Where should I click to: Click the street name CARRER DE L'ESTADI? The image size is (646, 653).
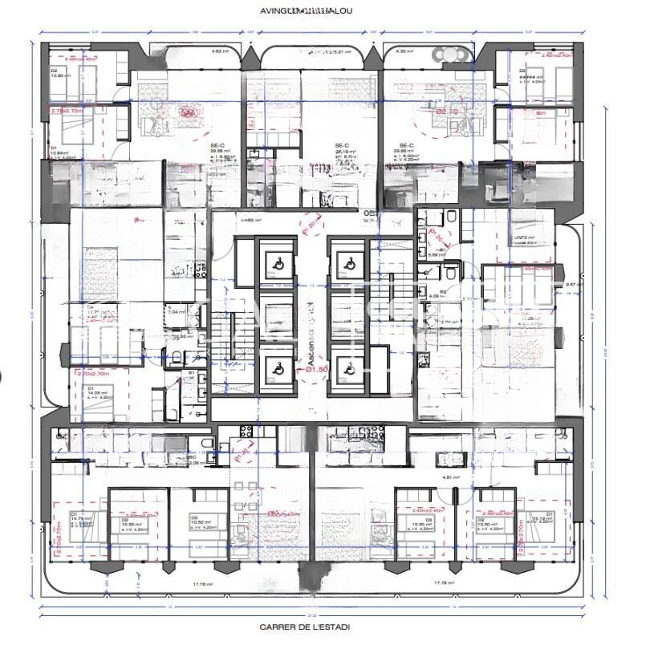[x=305, y=627]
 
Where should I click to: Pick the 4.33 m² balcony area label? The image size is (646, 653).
[x=404, y=51]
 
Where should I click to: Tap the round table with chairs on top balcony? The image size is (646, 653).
[x=449, y=55]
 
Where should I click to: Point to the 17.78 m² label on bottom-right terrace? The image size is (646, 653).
[x=445, y=582]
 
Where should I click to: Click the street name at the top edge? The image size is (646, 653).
[x=306, y=11]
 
